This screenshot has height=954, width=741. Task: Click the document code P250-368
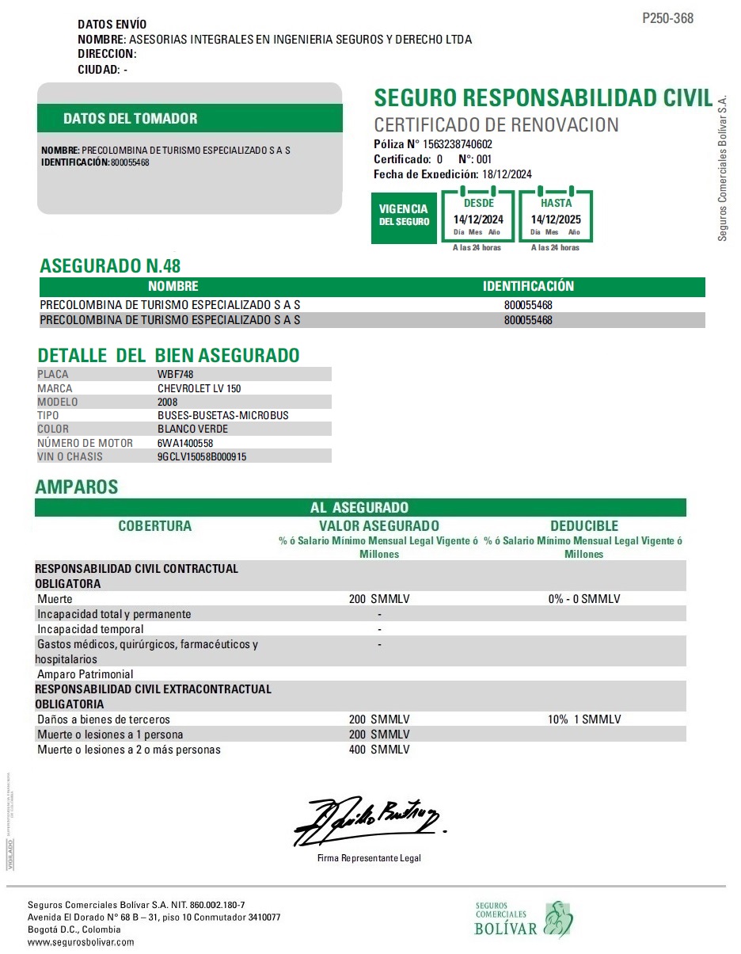[x=667, y=18]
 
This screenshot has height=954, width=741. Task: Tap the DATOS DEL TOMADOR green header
[x=130, y=119]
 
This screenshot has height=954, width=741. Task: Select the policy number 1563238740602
[x=458, y=144]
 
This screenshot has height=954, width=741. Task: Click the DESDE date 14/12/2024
[x=478, y=219]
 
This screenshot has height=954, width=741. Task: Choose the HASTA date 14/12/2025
[x=556, y=219]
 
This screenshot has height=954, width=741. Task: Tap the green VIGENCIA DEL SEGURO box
[x=404, y=215]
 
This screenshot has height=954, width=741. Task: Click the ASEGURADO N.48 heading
[x=110, y=265]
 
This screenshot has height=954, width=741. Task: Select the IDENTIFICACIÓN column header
[x=528, y=286]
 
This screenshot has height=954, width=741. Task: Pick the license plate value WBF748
[x=176, y=374]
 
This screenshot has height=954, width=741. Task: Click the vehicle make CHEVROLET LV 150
[x=199, y=388]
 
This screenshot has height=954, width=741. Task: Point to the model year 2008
[x=168, y=402]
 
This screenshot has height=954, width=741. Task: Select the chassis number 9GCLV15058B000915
[x=202, y=456]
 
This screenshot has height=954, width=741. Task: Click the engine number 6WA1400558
[x=185, y=443]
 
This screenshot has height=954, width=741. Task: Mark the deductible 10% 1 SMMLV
[x=584, y=719]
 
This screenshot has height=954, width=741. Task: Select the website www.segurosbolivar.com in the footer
[x=81, y=942]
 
